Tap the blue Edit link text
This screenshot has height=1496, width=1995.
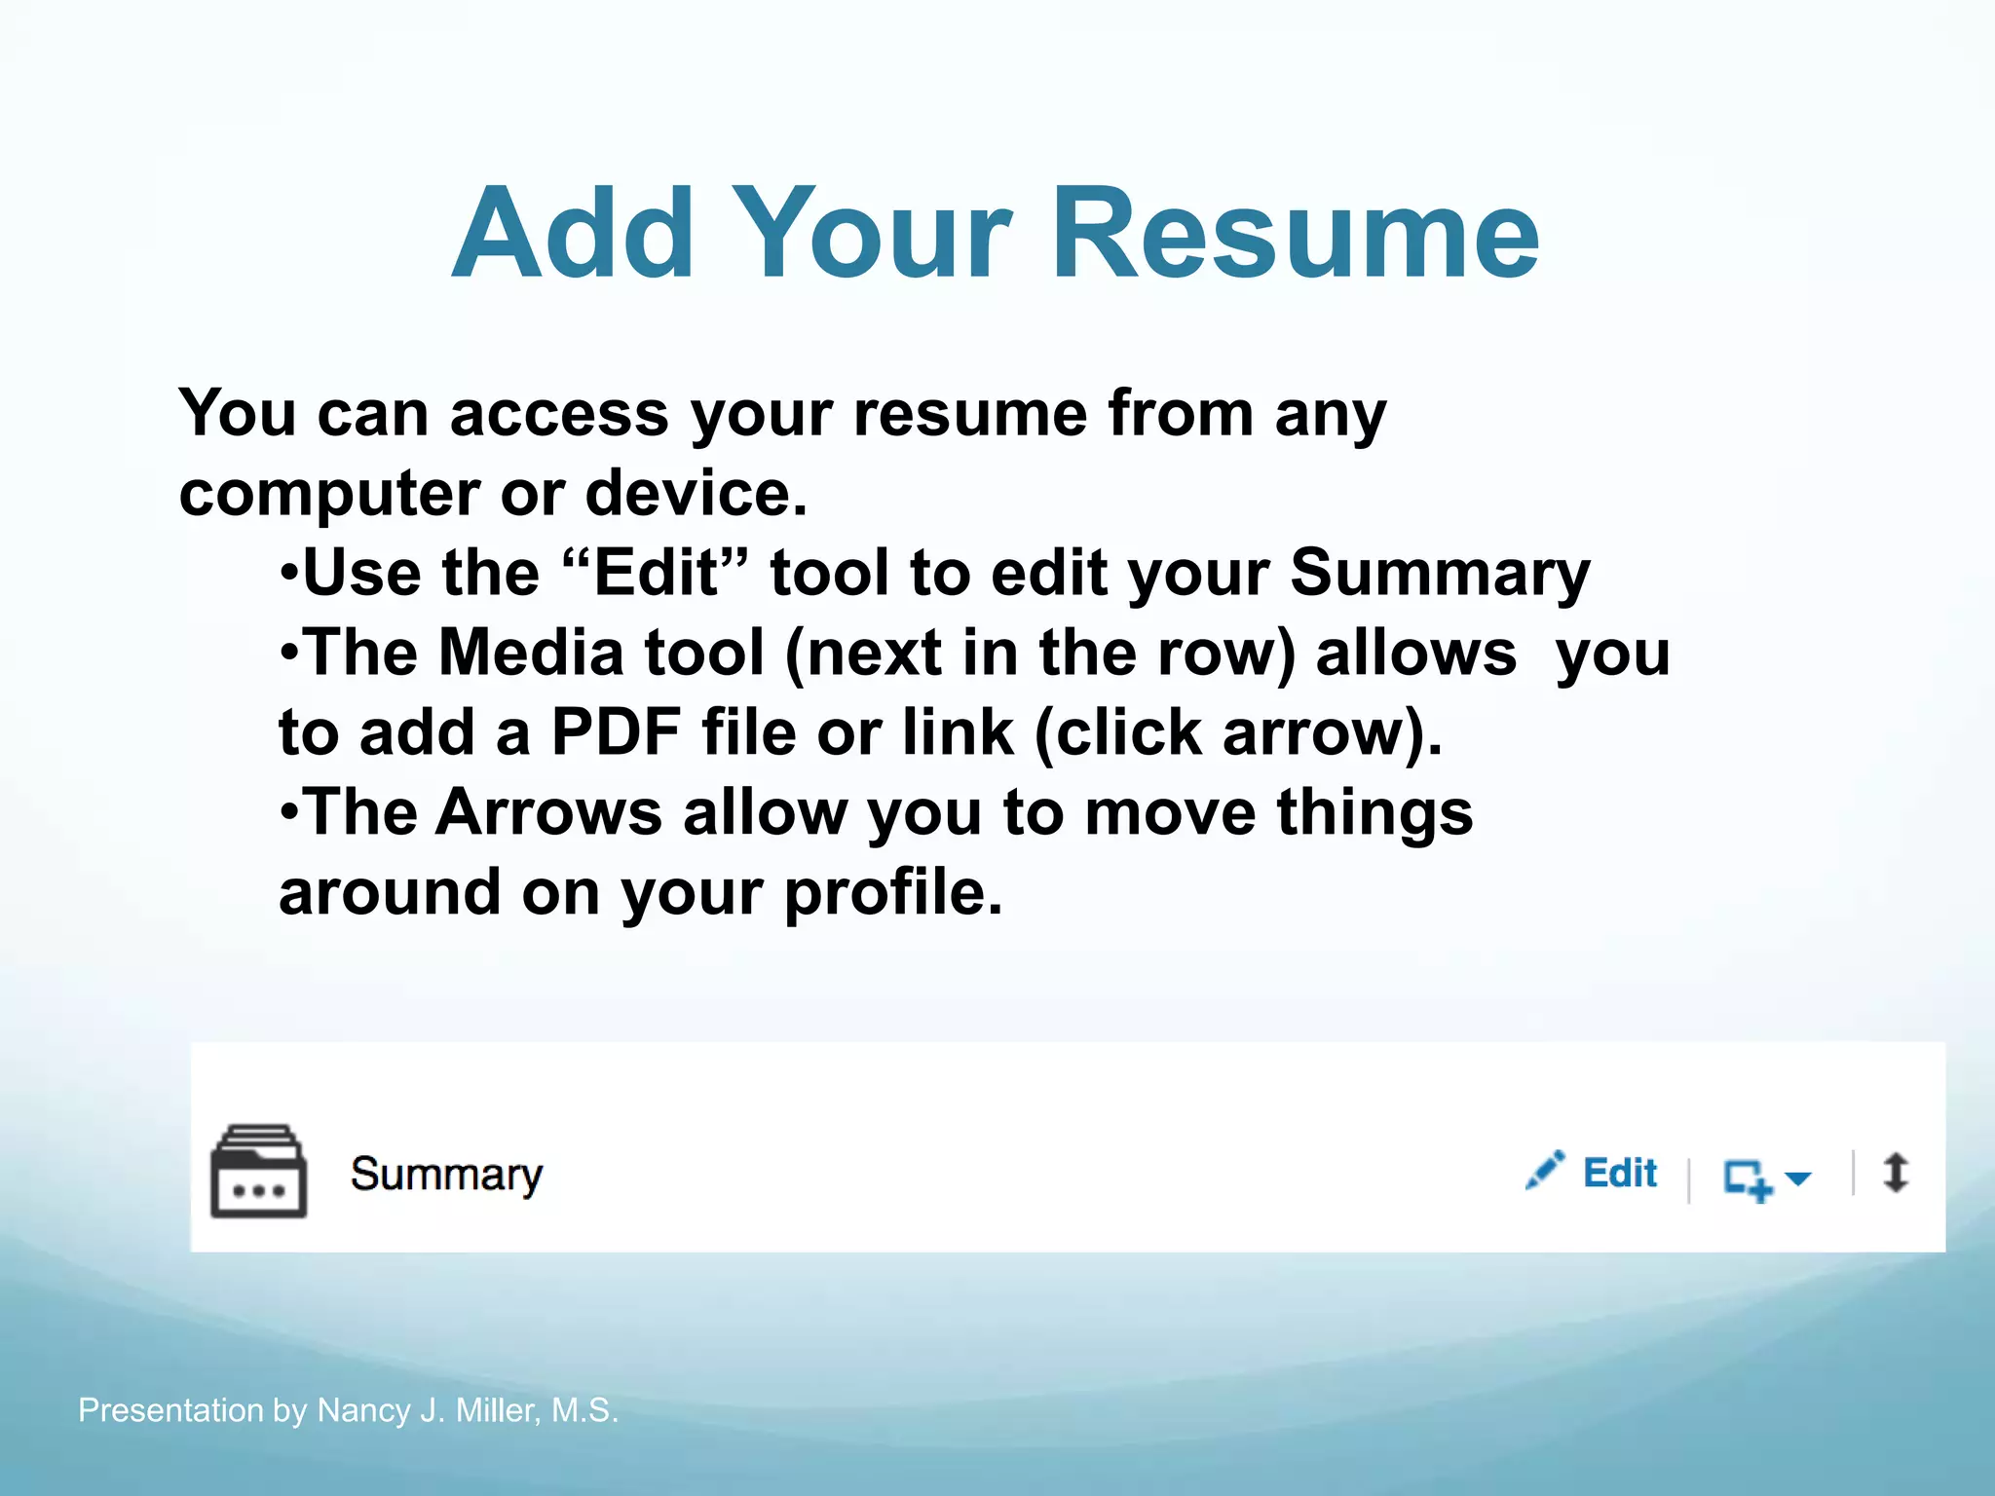[1619, 1173]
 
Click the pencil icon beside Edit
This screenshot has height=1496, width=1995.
[1545, 1171]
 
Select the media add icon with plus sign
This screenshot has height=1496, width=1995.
[1747, 1179]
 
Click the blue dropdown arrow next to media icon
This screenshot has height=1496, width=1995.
[1797, 1178]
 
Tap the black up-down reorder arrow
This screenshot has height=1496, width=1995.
[1896, 1173]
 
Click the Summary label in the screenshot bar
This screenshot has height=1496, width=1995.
[446, 1175]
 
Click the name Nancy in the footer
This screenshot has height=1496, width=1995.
[363, 1410]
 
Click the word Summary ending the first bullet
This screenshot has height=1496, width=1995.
[1439, 574]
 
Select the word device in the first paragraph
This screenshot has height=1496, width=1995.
[695, 493]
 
